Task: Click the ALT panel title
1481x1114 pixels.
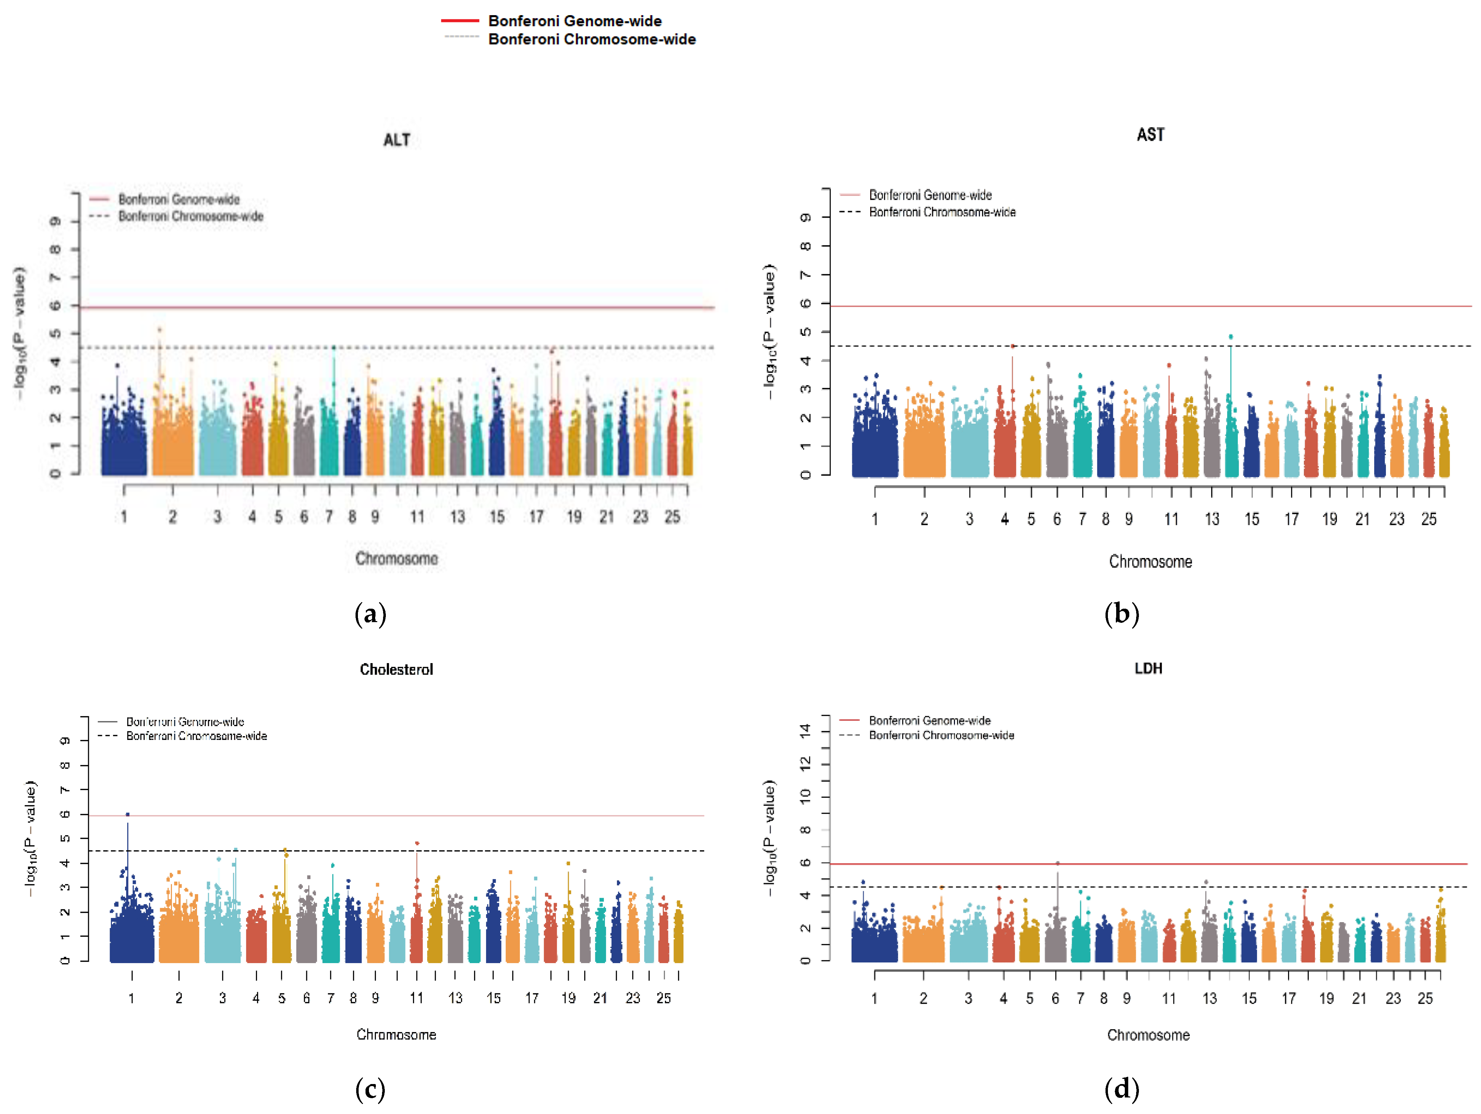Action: (397, 140)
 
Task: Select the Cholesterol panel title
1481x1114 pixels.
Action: (397, 670)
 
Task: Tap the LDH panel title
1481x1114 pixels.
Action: (1148, 668)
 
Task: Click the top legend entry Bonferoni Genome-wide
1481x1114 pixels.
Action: (575, 21)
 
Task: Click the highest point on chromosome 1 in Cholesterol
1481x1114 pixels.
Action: (128, 815)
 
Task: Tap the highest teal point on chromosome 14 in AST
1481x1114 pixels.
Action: (1231, 337)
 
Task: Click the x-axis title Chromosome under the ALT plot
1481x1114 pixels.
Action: (397, 558)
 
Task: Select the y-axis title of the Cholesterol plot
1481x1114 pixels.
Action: (30, 838)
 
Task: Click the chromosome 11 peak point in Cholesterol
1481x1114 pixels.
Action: (417, 844)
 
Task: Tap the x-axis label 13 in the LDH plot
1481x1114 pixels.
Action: (1209, 998)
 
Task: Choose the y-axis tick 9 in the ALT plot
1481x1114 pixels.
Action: (56, 221)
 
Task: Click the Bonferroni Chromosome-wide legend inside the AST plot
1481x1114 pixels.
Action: (942, 212)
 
